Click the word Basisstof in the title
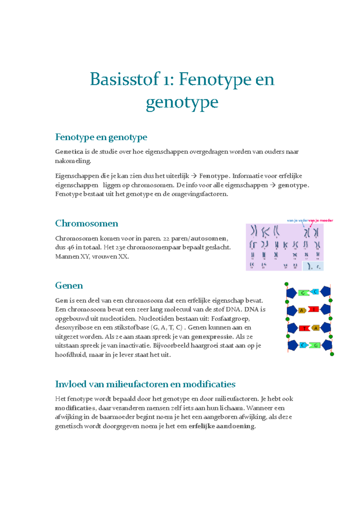(125, 79)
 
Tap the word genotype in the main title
(182, 102)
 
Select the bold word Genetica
(69, 152)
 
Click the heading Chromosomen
(86, 224)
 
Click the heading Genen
(69, 286)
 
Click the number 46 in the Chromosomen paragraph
(70, 247)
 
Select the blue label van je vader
(297, 220)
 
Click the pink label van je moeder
(321, 220)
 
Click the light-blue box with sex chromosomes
(313, 266)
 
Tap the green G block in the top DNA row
(303, 293)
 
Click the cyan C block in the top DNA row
(315, 292)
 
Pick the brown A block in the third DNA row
(316, 328)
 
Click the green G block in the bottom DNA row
(315, 345)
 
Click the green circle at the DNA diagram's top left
(286, 284)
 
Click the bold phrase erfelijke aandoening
(222, 426)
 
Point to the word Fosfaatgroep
(230, 319)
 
